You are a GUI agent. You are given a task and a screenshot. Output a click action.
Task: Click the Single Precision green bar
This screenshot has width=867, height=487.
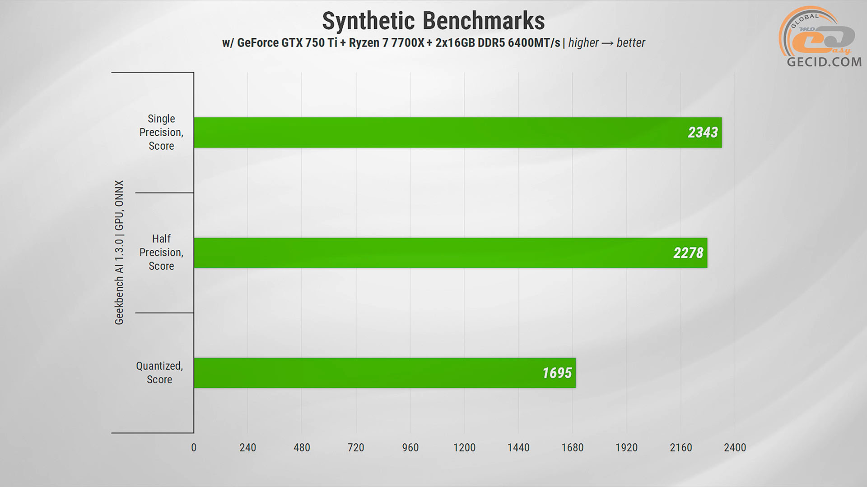tap(452, 133)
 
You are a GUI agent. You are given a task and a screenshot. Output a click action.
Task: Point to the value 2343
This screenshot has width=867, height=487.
tap(703, 133)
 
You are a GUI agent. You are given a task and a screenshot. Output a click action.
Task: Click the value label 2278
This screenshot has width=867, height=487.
tap(688, 253)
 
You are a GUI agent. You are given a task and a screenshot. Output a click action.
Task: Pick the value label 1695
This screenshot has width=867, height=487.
tap(557, 373)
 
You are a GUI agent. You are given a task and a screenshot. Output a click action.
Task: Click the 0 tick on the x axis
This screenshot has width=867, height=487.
tap(194, 448)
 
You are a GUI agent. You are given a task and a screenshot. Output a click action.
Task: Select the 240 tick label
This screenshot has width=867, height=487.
tap(247, 448)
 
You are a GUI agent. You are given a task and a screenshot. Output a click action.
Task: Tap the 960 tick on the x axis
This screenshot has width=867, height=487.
tap(410, 448)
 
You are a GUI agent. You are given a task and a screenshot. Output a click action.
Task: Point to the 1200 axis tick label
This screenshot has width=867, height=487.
tap(464, 448)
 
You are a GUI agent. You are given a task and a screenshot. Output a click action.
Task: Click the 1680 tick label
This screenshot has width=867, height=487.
tap(572, 448)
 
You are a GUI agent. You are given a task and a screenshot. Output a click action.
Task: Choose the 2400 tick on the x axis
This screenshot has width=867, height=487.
tap(735, 448)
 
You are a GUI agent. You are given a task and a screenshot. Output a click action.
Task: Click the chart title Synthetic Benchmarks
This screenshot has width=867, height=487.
tap(433, 21)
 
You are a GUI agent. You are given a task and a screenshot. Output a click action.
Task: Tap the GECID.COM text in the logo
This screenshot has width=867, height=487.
tap(824, 62)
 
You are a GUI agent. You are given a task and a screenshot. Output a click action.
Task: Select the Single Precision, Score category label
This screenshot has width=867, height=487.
tap(161, 132)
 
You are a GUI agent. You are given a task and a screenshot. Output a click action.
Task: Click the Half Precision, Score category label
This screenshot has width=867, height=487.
tap(161, 253)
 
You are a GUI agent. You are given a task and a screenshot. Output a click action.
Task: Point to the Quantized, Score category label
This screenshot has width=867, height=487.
tap(159, 373)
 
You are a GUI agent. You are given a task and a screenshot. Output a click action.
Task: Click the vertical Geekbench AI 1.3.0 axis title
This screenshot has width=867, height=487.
tap(119, 253)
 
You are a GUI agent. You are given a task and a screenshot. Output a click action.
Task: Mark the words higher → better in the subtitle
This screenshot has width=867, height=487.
tap(606, 43)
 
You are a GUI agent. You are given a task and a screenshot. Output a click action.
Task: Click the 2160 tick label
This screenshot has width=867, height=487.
tap(681, 448)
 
